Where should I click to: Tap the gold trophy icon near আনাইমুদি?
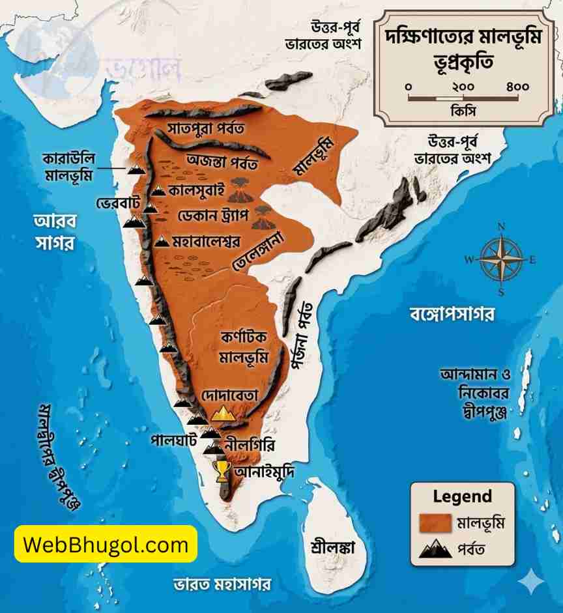click(222, 470)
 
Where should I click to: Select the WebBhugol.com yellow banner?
click(106, 544)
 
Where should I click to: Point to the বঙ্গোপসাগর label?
click(452, 314)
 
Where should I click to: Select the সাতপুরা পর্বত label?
click(205, 127)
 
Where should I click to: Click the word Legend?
click(462, 496)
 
